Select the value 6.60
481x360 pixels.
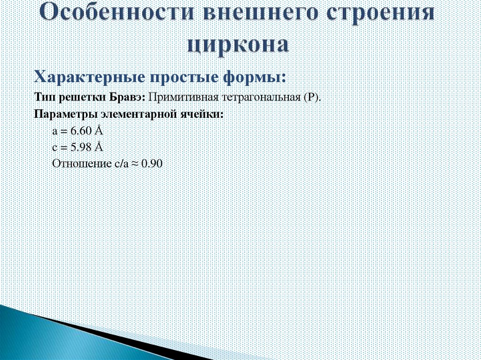tap(82, 131)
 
